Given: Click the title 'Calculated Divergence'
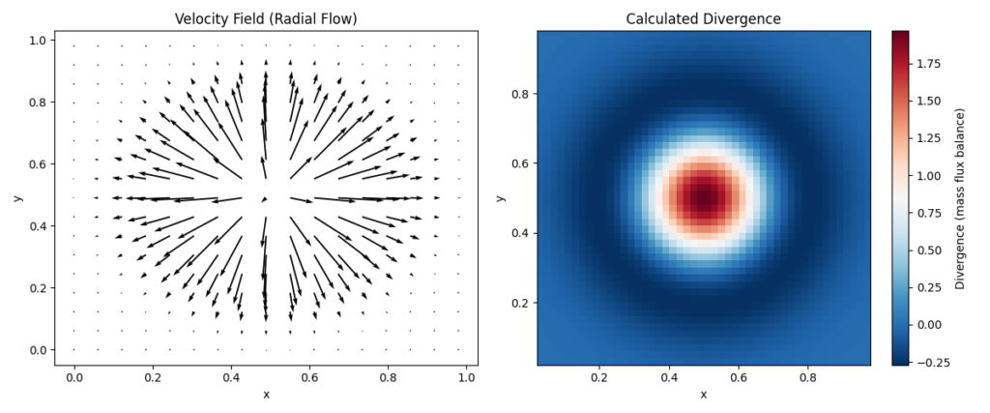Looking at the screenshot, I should [703, 18].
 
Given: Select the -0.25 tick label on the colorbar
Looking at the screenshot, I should [930, 362].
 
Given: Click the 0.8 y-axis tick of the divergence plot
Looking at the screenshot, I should [519, 93].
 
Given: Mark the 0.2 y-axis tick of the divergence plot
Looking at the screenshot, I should [519, 303].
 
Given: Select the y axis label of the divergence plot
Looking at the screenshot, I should [499, 197].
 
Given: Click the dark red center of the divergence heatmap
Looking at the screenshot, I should [703, 197].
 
